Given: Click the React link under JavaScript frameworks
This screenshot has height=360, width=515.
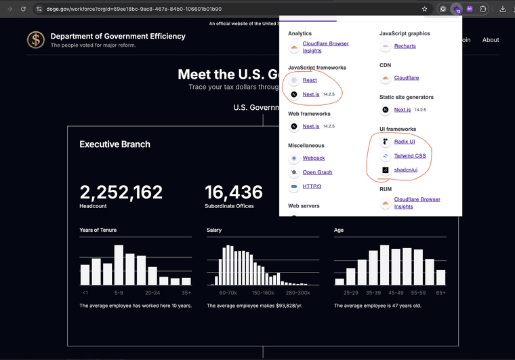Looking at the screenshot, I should (310, 80).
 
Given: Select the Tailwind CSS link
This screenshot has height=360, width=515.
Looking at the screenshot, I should (409, 156).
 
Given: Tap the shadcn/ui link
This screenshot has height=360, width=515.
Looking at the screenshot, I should (405, 169).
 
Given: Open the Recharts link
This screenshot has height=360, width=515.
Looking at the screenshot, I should (405, 46).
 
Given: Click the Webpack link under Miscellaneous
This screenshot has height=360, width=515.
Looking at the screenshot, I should (314, 158).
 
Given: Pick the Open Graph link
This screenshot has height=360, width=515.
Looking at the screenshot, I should (317, 172).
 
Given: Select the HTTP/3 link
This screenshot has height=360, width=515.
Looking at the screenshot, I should (312, 186).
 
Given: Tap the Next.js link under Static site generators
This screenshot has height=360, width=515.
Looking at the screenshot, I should (402, 109).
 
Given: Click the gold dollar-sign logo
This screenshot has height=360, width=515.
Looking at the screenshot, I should (36, 40).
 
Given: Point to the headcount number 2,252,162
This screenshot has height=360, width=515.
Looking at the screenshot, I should (121, 193).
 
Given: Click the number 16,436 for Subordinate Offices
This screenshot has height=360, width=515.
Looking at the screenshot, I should (234, 193).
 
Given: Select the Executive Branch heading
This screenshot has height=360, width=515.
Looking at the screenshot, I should (115, 144).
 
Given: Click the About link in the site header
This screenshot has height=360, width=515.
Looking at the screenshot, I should (491, 40).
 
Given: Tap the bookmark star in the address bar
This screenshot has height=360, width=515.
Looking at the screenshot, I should (424, 9).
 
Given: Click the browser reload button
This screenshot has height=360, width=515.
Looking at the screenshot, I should (23, 9).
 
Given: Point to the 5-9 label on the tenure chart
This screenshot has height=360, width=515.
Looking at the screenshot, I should (119, 293).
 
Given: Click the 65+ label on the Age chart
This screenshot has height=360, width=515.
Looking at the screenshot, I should (440, 293).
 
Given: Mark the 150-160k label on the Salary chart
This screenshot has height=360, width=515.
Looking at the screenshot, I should (262, 293).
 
